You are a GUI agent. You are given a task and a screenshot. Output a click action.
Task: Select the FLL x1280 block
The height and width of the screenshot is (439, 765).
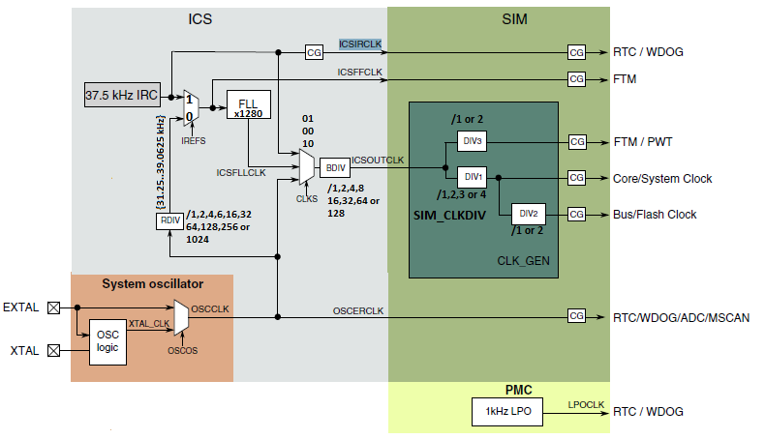pos(248,104)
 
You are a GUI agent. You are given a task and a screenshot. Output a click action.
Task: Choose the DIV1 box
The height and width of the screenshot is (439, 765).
pos(473,178)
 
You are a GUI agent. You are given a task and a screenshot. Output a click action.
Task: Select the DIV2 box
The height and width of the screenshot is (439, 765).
pos(528,214)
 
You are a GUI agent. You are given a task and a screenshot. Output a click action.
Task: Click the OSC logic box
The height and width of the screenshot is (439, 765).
pos(108,340)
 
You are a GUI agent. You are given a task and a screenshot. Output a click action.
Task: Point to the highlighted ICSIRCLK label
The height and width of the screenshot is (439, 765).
pos(360,44)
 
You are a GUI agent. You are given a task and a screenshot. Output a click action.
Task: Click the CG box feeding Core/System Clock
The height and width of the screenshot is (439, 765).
pos(576,178)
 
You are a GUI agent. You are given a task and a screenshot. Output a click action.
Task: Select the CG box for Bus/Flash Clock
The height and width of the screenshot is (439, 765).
pos(576,214)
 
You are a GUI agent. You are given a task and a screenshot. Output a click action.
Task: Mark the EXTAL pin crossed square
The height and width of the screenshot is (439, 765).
pos(54,308)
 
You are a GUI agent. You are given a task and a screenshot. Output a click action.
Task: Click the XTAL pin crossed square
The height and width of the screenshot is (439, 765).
pos(54,351)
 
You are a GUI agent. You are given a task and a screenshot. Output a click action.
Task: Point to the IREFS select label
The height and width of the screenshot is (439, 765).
pos(193,141)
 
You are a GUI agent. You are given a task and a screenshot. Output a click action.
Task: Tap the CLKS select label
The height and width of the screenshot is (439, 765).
pos(307,197)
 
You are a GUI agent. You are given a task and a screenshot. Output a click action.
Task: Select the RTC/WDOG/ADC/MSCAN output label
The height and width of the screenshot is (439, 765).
pos(681,316)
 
